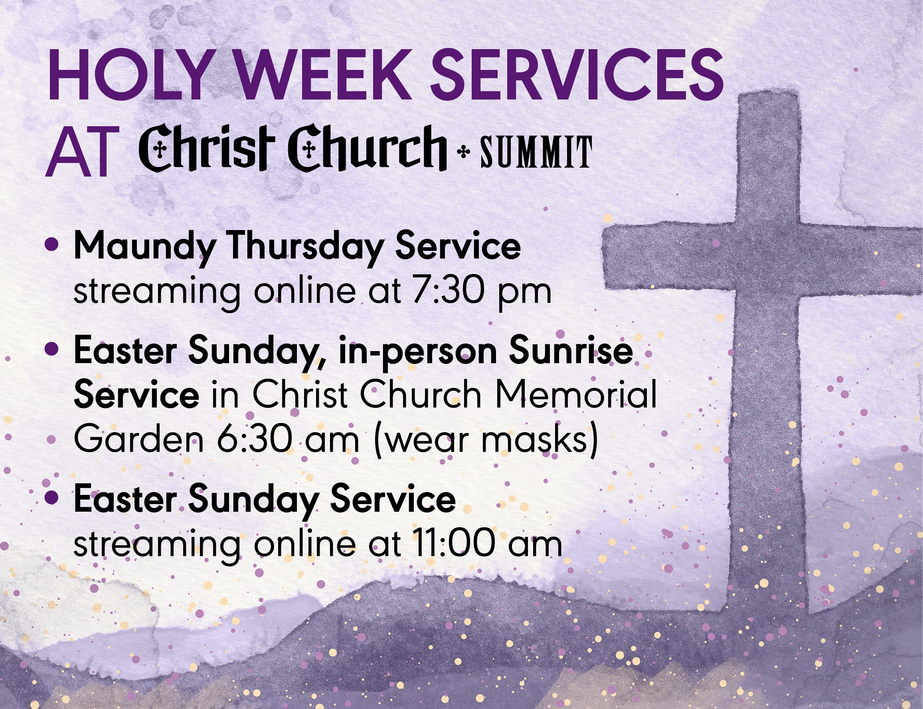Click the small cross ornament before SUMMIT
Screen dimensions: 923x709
pos(463,152)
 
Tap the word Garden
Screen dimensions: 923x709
pos(139,439)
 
